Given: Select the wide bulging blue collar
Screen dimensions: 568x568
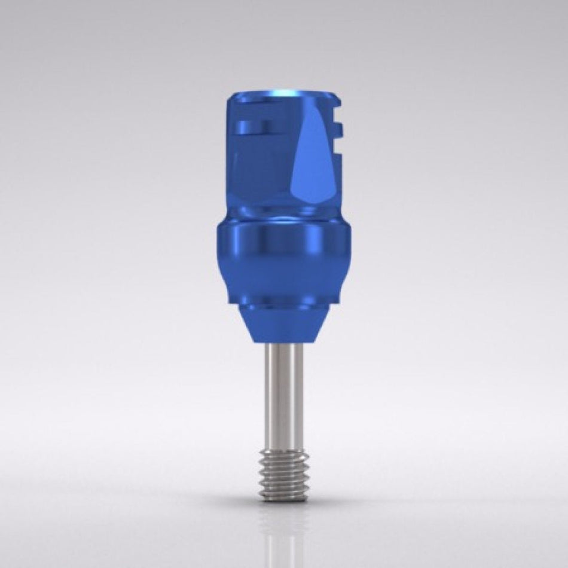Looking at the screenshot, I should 283,257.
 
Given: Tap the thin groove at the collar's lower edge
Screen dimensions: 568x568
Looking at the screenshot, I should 283,303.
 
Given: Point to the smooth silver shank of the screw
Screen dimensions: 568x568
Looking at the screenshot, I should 283,395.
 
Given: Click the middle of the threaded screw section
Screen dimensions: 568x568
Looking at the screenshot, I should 283,475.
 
